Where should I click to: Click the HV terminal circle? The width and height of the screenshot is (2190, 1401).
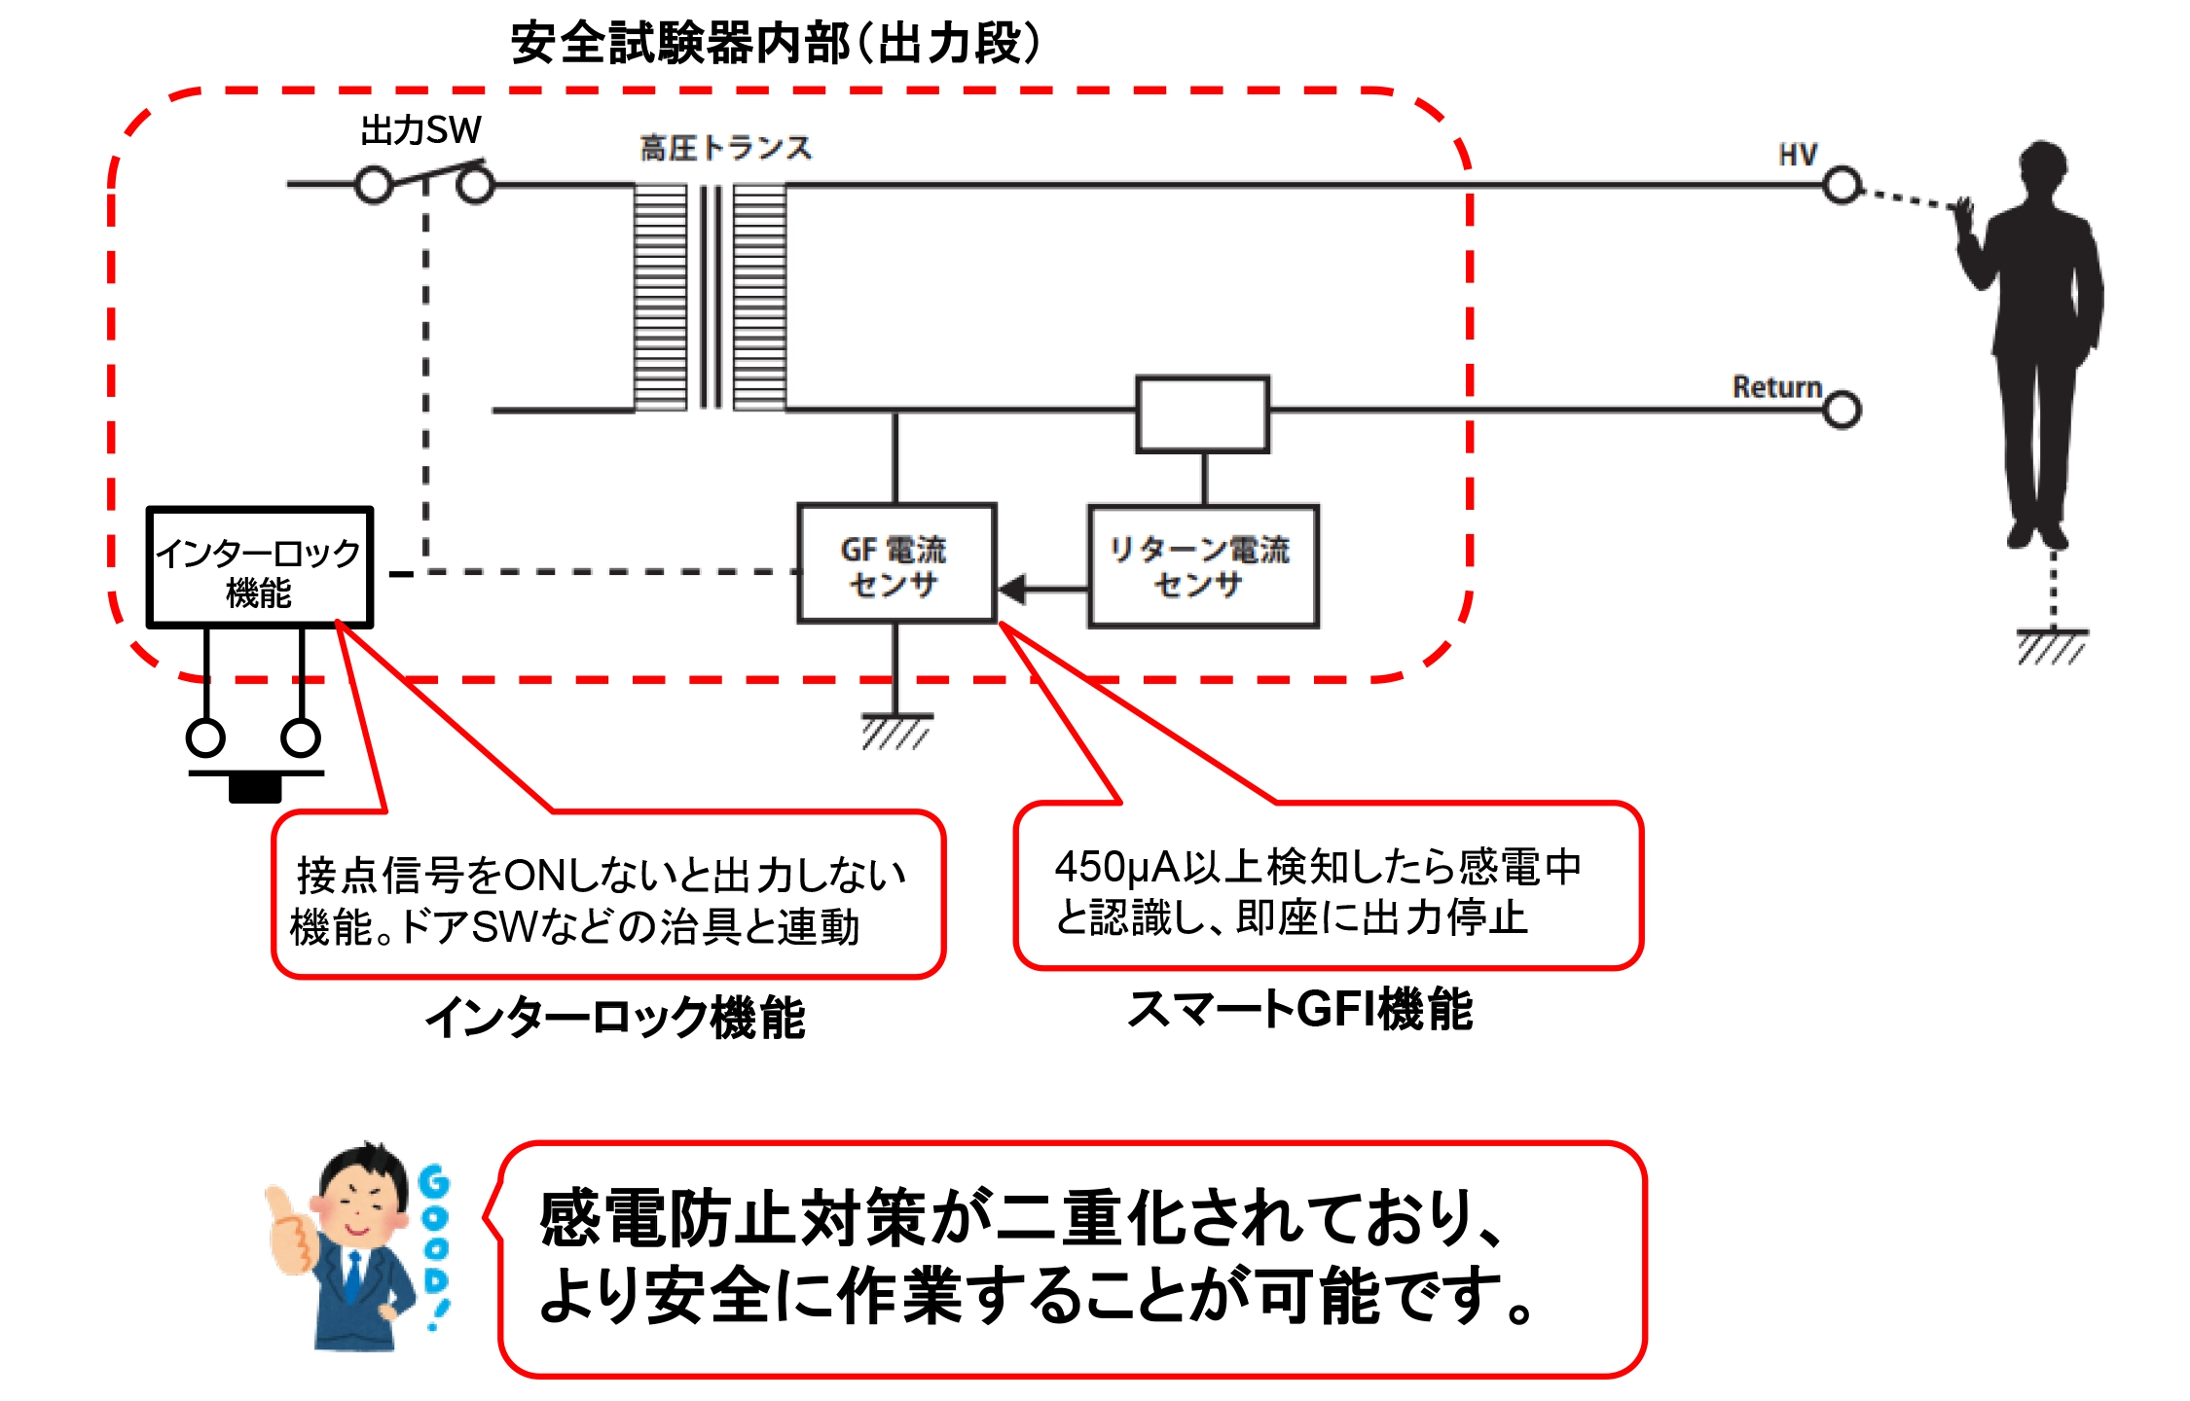pyautogui.click(x=1841, y=185)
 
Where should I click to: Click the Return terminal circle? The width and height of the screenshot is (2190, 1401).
pyautogui.click(x=1842, y=410)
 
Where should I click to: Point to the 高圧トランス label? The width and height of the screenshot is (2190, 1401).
pyautogui.click(x=725, y=149)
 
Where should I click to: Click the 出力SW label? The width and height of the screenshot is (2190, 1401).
pyautogui.click(x=420, y=130)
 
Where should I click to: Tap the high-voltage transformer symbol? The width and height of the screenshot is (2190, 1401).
pyautogui.click(x=711, y=297)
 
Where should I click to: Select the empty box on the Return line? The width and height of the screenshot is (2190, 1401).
pyautogui.click(x=1203, y=414)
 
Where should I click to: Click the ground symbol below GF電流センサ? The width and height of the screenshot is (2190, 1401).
pyautogui.click(x=895, y=731)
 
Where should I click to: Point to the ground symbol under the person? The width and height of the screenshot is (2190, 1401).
pyautogui.click(x=2052, y=645)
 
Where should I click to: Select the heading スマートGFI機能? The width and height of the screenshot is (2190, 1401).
pyautogui.click(x=1299, y=1009)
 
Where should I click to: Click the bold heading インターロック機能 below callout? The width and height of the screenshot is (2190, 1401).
pyautogui.click(x=615, y=1019)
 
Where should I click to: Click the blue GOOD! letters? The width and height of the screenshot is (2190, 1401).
pyautogui.click(x=435, y=1245)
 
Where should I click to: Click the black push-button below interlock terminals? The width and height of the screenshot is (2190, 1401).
pyautogui.click(x=255, y=787)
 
